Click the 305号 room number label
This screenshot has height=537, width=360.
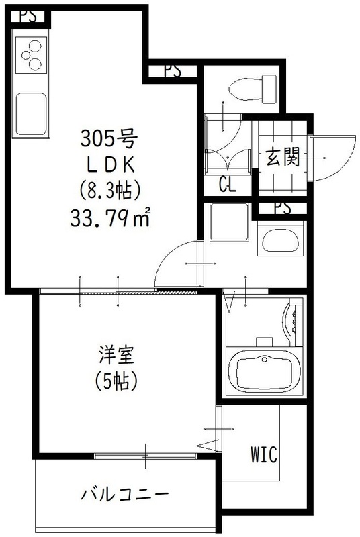tap(109, 140)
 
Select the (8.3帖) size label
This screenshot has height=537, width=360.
tap(109, 191)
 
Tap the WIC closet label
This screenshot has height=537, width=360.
tap(265, 454)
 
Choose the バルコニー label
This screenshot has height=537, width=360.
tap(125, 495)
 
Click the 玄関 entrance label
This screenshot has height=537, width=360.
tap(282, 158)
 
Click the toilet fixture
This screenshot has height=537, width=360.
tap(253, 87)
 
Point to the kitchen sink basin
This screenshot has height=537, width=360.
tap(31, 113)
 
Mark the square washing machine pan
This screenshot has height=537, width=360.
tap(228, 222)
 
